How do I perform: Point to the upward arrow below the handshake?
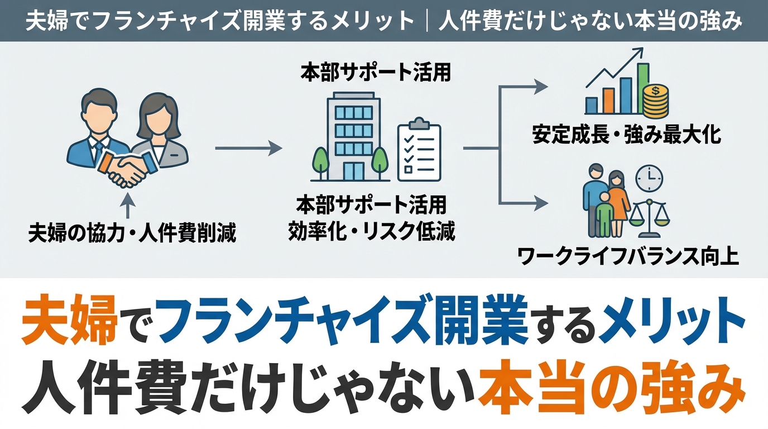click(127, 204)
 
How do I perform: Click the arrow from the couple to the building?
click(248, 148)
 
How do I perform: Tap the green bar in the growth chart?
click(642, 88)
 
